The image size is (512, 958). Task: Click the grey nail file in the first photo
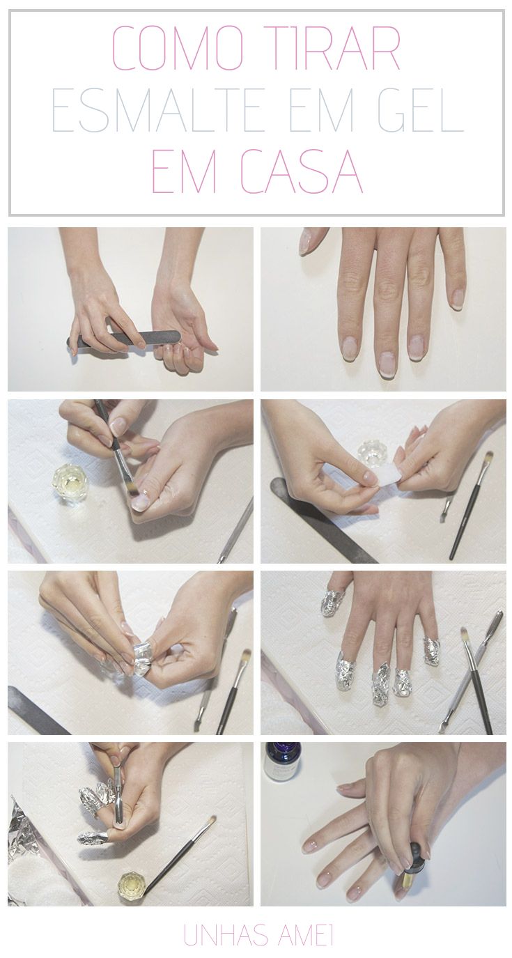124,339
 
